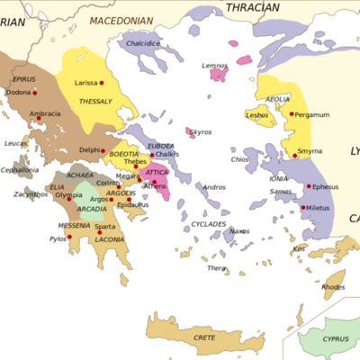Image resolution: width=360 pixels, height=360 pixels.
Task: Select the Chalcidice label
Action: click(x=143, y=42)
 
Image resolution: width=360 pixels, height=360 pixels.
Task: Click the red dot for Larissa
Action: click(x=102, y=83)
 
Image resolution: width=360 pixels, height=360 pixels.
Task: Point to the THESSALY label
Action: click(x=96, y=102)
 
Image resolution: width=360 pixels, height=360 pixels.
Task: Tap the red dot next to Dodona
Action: click(x=35, y=93)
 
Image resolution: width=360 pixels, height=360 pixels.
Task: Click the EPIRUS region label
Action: click(x=24, y=79)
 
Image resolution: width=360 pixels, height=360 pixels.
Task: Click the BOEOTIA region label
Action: click(x=124, y=154)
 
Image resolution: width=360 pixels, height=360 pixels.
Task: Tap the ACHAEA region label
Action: click(x=78, y=176)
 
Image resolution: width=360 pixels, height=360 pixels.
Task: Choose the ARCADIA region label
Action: click(x=92, y=210)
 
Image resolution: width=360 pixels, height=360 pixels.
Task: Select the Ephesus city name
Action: click(x=326, y=187)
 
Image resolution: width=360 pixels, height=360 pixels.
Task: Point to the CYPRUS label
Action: click(x=335, y=341)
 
